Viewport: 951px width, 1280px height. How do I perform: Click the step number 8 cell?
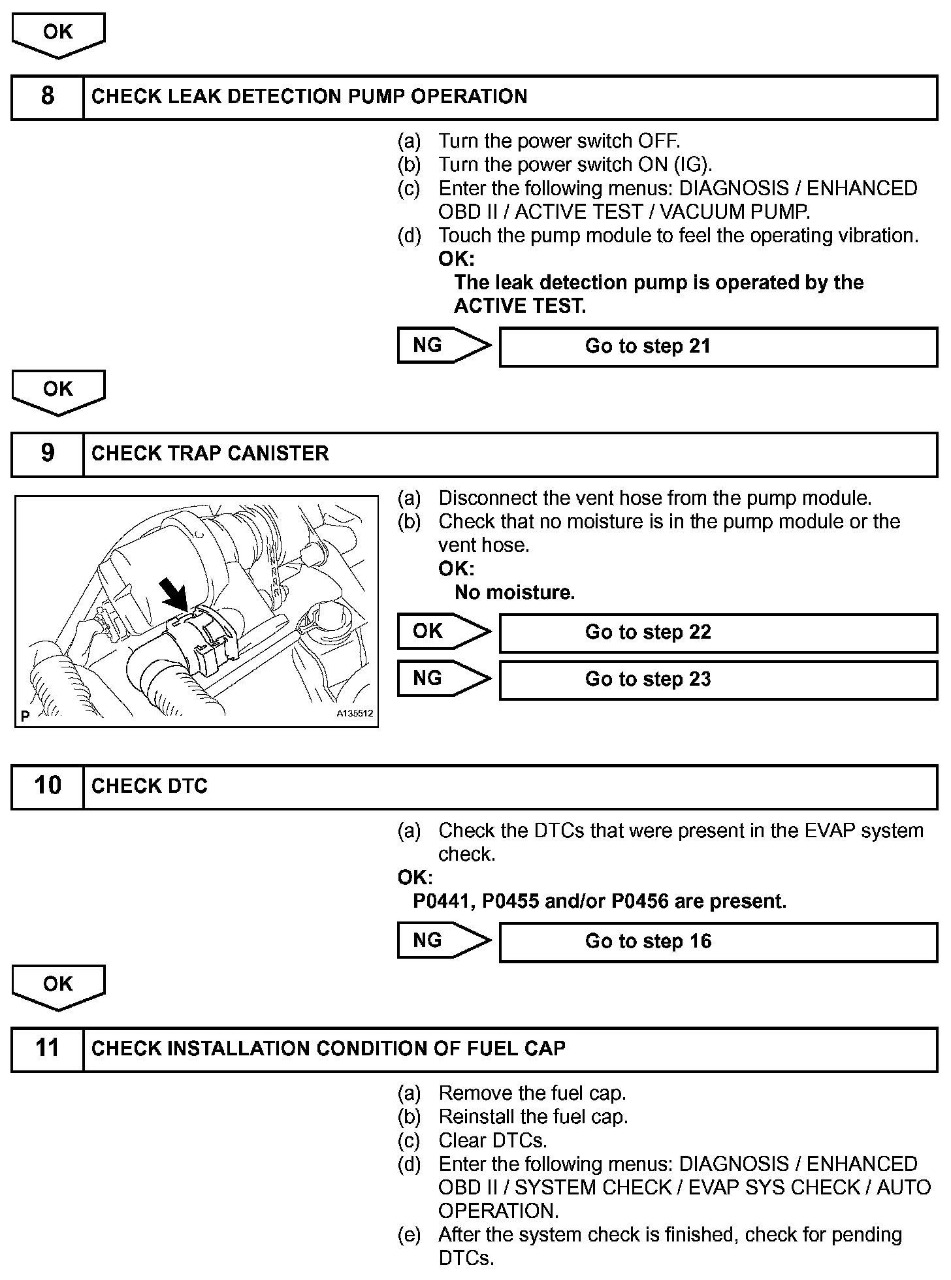point(48,97)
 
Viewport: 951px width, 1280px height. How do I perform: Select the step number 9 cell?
point(48,454)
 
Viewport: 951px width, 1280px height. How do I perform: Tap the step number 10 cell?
point(48,786)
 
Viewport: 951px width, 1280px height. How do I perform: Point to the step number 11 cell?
point(48,1049)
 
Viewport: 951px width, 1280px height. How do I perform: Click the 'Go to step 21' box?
point(718,347)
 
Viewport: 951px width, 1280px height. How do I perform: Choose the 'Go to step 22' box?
point(718,633)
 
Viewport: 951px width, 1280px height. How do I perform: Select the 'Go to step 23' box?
point(718,680)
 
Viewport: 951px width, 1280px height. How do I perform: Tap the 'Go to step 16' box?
point(718,942)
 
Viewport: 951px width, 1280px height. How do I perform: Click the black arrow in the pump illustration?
point(175,596)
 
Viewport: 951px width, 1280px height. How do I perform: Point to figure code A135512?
point(355,714)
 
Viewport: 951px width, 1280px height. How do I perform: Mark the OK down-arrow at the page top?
point(58,35)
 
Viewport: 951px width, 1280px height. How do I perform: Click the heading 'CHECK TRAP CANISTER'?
point(210,454)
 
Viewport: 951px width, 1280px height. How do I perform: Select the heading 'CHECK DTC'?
point(149,786)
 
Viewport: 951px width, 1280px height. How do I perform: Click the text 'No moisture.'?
point(514,593)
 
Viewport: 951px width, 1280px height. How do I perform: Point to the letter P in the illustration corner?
point(25,716)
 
